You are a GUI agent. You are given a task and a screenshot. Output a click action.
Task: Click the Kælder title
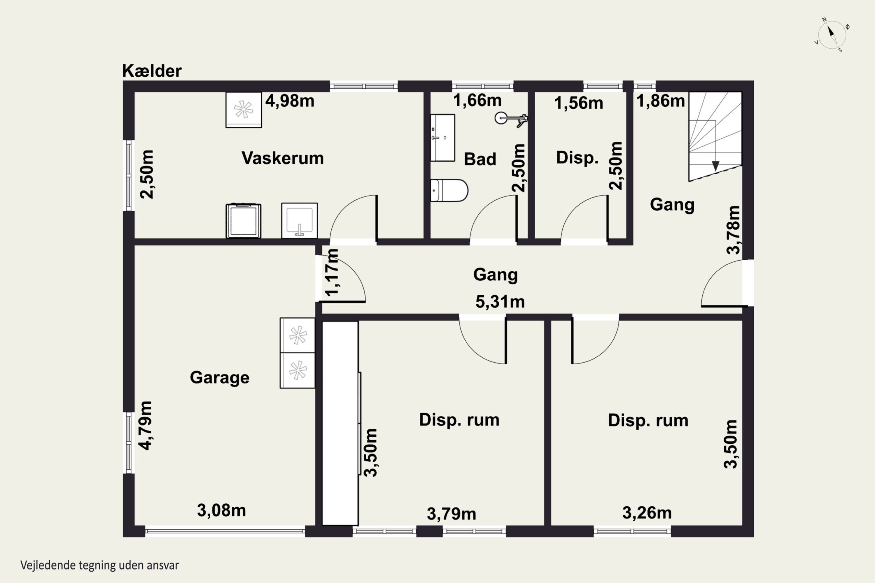click(x=152, y=71)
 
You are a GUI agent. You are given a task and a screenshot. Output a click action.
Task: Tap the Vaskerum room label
click(x=283, y=158)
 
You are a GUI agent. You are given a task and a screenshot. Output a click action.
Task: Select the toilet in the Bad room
click(x=449, y=190)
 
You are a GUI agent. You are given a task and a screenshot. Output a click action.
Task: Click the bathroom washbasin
click(x=443, y=138)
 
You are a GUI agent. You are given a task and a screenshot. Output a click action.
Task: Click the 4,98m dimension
click(x=290, y=101)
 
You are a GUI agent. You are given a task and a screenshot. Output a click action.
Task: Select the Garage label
click(x=220, y=378)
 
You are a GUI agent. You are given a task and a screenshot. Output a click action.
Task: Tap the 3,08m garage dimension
click(x=221, y=510)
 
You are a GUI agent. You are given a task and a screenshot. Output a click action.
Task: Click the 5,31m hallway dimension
click(x=500, y=301)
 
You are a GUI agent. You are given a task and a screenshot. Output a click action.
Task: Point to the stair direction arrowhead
click(x=715, y=166)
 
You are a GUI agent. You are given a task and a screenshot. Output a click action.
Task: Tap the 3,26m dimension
click(x=647, y=513)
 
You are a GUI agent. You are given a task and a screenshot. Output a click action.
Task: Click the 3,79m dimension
click(x=451, y=514)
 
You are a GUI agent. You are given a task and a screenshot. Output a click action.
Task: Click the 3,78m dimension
click(x=734, y=230)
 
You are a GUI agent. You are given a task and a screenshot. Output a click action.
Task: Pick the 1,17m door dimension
click(x=332, y=272)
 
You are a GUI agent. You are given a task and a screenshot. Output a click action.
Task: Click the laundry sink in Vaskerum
click(x=300, y=220)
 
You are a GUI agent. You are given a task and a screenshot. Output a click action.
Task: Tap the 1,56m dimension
click(x=578, y=103)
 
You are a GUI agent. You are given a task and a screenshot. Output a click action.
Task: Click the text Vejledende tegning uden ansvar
click(x=100, y=566)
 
